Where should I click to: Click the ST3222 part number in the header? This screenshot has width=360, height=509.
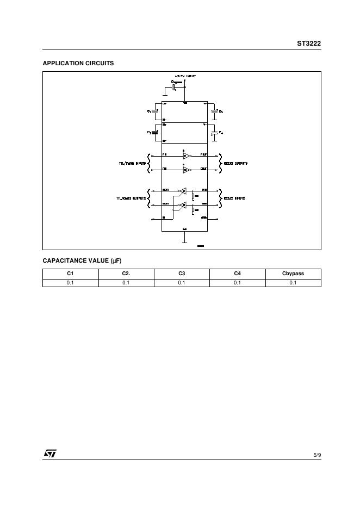coord(309,44)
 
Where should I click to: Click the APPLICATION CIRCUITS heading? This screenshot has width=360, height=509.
coord(78,63)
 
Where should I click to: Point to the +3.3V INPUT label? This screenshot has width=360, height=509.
coord(185,76)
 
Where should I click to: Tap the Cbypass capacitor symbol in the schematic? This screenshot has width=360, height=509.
coord(173,86)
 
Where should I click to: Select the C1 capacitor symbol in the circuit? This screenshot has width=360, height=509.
coord(155,111)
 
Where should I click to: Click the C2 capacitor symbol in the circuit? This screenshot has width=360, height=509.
coord(155,132)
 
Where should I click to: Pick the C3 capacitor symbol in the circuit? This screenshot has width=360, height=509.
coord(215,111)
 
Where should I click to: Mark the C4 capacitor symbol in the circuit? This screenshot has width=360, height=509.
coord(215,132)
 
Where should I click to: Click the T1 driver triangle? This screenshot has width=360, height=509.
coord(186,156)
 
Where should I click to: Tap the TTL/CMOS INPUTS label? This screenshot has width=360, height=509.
coord(132,163)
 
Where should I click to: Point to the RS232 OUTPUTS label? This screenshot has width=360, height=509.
coord(235,163)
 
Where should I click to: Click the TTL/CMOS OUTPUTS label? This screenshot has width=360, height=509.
coord(131,198)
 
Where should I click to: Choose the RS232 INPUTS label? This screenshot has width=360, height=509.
coord(234,198)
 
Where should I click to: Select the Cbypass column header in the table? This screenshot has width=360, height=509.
coord(293,274)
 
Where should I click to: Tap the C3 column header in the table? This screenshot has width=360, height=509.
coord(182,274)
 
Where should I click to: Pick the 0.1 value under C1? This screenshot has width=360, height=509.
coord(70,283)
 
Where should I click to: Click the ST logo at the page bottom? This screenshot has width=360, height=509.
coord(50,453)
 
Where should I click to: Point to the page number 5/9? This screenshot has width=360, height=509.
coord(317,454)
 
